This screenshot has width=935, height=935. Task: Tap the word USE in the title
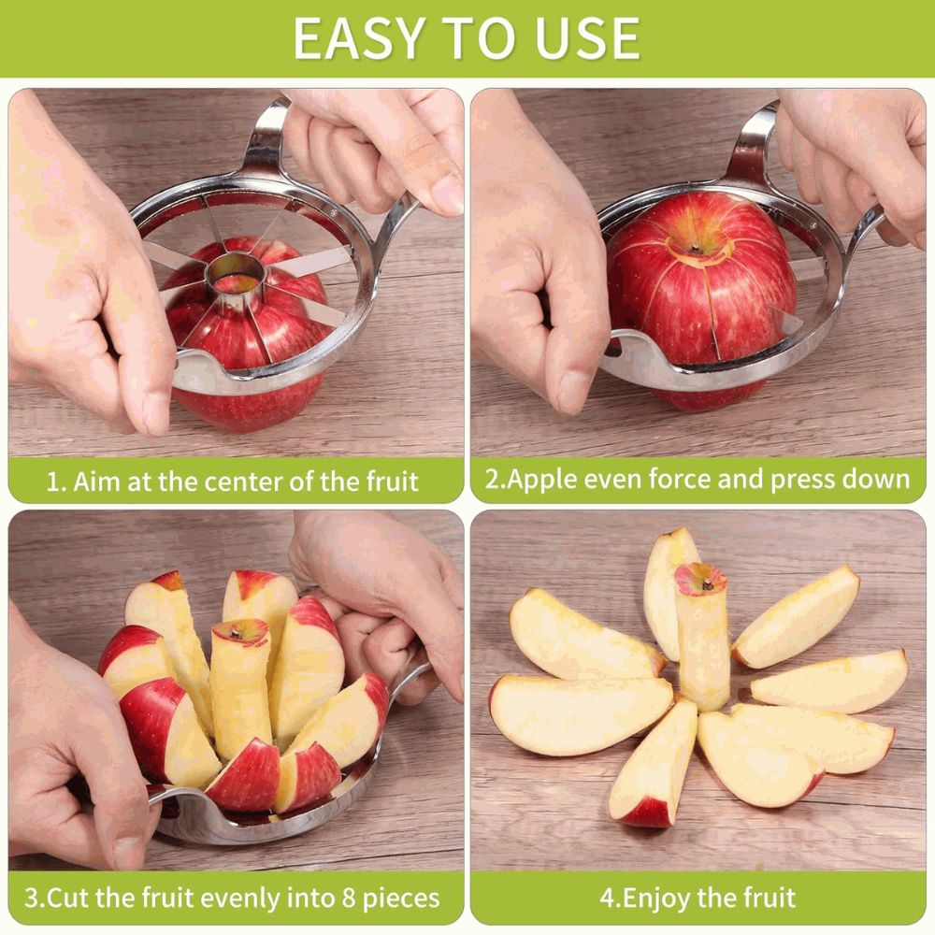[587, 38]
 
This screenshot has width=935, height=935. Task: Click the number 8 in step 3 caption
[348, 898]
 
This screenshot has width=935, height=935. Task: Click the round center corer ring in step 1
[235, 274]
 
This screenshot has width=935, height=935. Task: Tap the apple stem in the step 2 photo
[696, 249]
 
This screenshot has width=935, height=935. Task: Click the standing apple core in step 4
[703, 636]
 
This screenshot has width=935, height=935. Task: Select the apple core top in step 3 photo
[241, 632]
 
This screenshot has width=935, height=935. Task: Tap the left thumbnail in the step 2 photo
[572, 391]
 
